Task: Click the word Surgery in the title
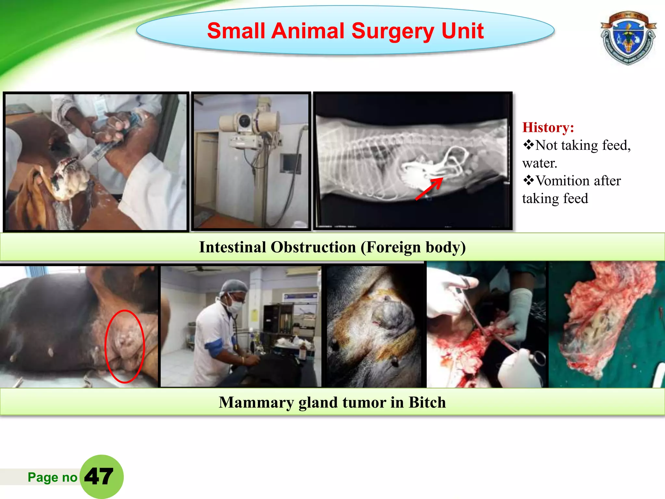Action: tap(392, 31)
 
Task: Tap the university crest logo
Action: tap(628, 38)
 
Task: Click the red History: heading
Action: tap(548, 127)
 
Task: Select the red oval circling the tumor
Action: tap(125, 346)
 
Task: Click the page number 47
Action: tap(99, 477)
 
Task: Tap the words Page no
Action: tap(52, 477)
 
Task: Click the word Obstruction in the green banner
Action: tap(313, 247)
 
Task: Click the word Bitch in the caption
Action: tap(427, 403)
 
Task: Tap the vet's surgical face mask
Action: tap(236, 306)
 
